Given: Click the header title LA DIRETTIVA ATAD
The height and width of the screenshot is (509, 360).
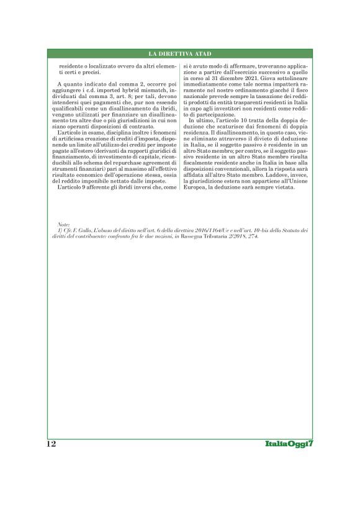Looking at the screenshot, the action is click(x=180, y=54).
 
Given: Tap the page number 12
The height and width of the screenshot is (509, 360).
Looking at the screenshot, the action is click(x=52, y=444).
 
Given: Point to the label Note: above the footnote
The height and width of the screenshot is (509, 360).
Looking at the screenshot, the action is click(x=63, y=223).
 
